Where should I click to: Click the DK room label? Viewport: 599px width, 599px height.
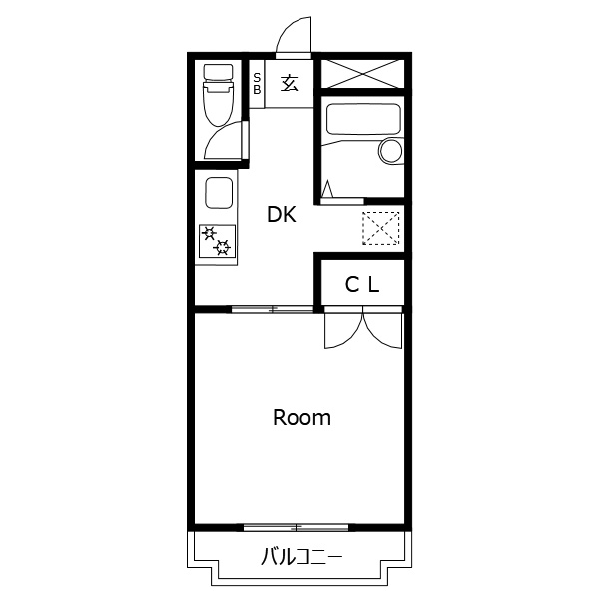(x=282, y=215)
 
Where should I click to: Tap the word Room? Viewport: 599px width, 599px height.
(x=301, y=418)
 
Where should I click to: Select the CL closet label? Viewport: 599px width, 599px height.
(x=362, y=284)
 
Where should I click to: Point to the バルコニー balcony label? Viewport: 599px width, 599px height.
(x=301, y=557)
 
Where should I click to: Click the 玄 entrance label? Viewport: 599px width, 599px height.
(x=290, y=83)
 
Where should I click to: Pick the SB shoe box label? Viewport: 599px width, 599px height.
(x=257, y=84)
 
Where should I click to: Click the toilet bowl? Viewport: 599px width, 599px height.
(x=219, y=104)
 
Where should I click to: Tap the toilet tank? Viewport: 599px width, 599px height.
(x=218, y=72)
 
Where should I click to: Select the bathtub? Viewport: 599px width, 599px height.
(x=363, y=119)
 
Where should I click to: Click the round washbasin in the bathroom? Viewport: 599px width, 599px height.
(x=391, y=151)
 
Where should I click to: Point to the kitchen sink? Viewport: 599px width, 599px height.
(x=219, y=193)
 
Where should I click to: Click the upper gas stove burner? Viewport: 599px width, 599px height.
(x=209, y=233)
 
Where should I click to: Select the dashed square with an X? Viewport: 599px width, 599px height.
(x=381, y=228)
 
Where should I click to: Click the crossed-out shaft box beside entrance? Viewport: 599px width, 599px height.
(x=362, y=73)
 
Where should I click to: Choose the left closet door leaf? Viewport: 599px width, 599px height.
(x=343, y=330)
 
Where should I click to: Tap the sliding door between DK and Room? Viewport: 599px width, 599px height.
(x=273, y=309)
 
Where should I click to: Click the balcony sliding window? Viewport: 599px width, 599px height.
(x=297, y=528)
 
